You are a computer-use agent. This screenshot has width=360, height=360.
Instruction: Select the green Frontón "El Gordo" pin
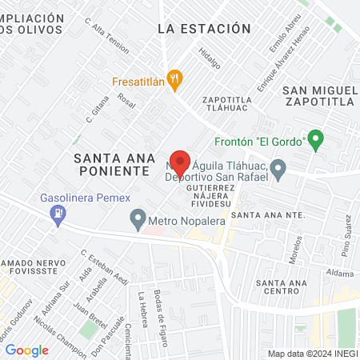pos(315,141)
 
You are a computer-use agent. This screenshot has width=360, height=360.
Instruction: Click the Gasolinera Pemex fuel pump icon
pos(57,214)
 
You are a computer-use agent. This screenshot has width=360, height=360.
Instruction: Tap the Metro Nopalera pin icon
pos(138,218)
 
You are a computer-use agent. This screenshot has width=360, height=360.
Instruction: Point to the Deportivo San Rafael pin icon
pos(278,169)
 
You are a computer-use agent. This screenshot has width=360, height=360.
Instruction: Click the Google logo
pos(26,350)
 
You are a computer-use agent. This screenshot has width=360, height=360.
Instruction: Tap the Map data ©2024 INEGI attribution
pos(311,354)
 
